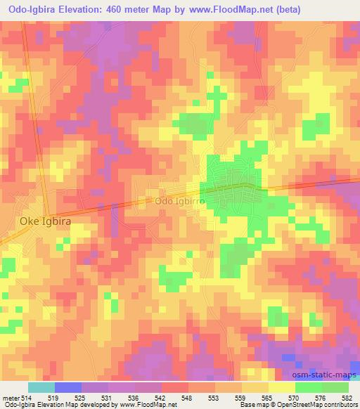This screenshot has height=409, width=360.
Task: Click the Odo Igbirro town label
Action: [x=180, y=200]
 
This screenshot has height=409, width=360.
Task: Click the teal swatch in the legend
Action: [x=41, y=387]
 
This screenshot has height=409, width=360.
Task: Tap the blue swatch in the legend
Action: [x=67, y=387]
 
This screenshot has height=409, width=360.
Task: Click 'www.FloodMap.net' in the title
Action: [x=231, y=11]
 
